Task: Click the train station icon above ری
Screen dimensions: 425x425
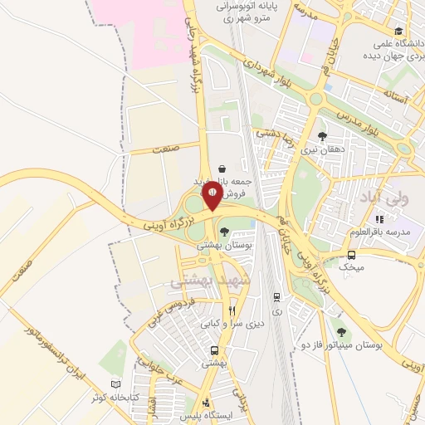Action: point(276,295)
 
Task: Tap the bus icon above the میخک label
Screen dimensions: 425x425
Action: point(352,255)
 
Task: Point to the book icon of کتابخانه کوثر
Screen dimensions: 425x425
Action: point(116,386)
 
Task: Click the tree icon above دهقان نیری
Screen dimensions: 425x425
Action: point(322,137)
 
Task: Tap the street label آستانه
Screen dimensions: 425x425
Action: point(398,97)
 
